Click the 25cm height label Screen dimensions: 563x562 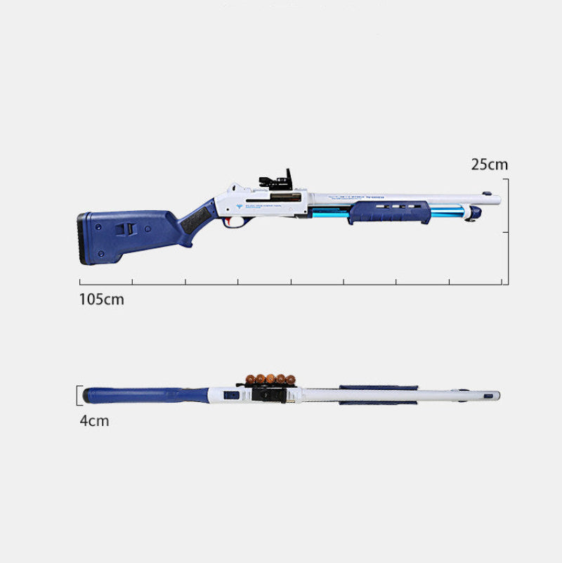click(489, 164)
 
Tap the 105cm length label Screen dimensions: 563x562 click(101, 299)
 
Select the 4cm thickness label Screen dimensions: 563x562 click(93, 421)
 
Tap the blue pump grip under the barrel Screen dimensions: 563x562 click(388, 212)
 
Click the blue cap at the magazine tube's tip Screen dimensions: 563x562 click(476, 212)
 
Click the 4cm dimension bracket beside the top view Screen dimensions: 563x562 click(79, 396)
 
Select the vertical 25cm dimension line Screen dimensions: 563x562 click(507, 205)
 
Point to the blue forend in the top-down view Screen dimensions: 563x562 click(378, 395)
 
